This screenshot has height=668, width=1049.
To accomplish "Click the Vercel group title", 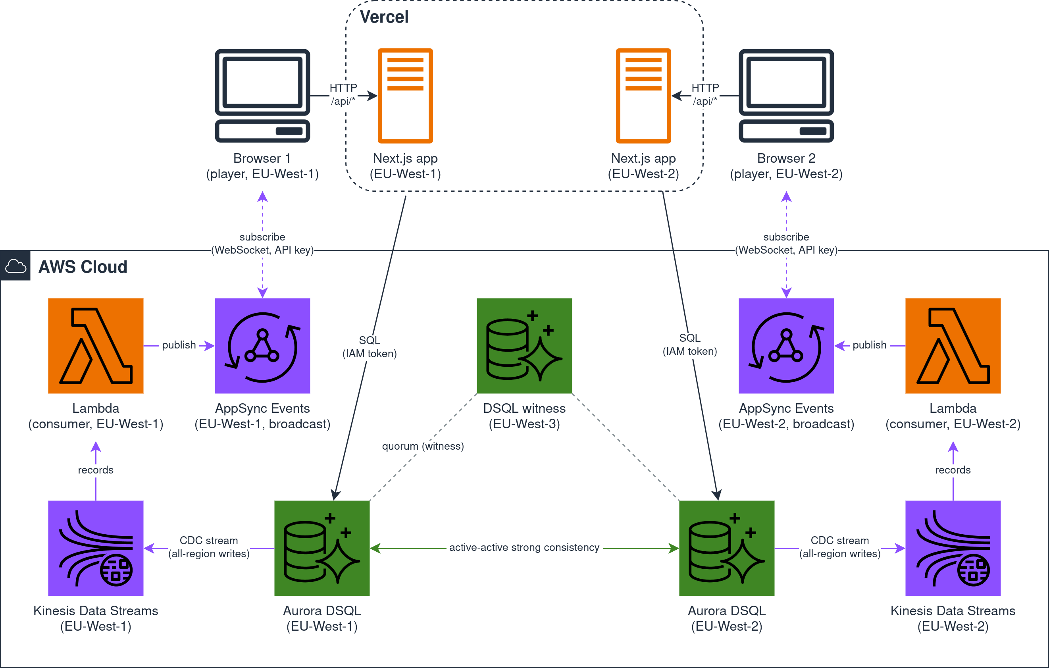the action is (384, 17).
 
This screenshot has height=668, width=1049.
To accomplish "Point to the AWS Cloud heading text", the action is (83, 267).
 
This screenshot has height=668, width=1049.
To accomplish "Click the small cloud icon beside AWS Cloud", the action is (15, 266).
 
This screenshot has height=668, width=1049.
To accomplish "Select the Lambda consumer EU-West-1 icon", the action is (96, 346).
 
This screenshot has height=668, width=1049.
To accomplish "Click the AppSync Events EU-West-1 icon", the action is (262, 346).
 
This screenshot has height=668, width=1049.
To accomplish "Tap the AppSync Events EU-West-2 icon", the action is (786, 346).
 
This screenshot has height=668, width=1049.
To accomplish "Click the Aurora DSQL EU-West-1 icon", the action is (322, 548).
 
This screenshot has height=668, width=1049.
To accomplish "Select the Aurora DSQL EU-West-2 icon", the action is (727, 548).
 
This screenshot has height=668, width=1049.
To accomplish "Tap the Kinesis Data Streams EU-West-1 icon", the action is (96, 548).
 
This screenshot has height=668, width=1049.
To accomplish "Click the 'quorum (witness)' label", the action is (423, 446).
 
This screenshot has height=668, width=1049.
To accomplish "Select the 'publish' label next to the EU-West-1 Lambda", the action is (179, 345).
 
